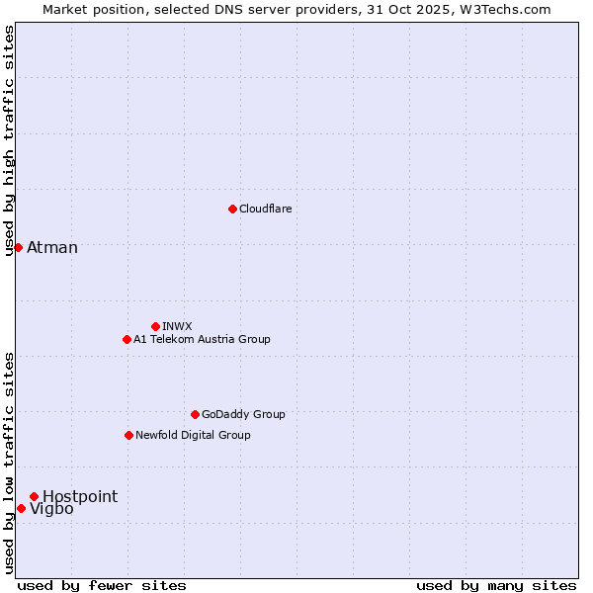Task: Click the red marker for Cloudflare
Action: [x=232, y=209]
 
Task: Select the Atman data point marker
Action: [x=18, y=247]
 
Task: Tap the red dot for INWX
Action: [x=155, y=326]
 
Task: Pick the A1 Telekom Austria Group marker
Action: [x=127, y=339]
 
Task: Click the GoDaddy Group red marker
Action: [x=195, y=414]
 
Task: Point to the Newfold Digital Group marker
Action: [x=128, y=435]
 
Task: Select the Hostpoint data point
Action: [x=34, y=496]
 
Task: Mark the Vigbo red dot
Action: [x=21, y=508]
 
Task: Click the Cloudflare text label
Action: [x=265, y=209]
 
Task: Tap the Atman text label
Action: [x=52, y=247]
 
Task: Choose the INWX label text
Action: [x=177, y=326]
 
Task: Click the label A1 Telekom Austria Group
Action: [x=202, y=339]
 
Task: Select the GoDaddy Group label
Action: [x=243, y=414]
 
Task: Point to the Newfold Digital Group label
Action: [x=193, y=435]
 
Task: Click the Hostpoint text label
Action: [x=80, y=496]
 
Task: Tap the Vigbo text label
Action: [x=51, y=509]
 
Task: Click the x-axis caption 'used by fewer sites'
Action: [x=102, y=585]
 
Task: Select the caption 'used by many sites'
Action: [x=496, y=585]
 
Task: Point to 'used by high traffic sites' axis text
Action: [x=9, y=140]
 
